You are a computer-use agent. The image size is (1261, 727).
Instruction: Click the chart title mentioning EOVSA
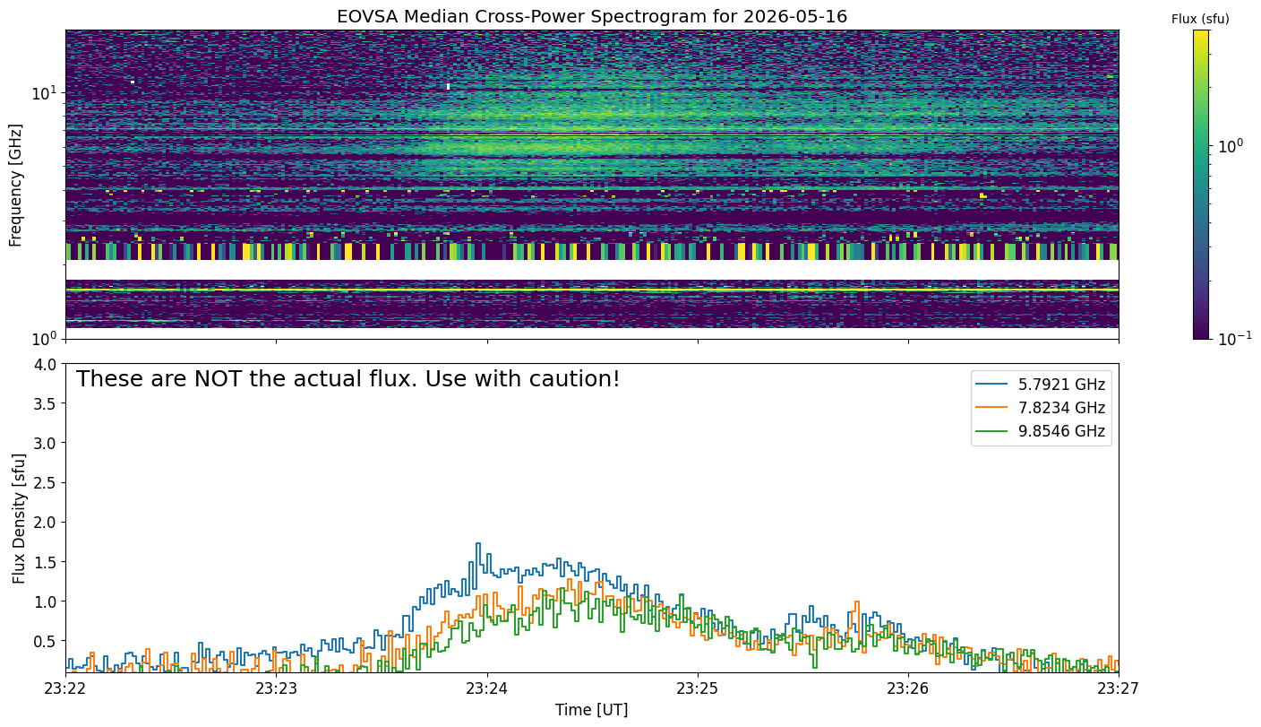592,16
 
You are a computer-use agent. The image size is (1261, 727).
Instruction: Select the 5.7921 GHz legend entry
1041,385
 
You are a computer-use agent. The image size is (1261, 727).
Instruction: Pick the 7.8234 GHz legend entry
1041,408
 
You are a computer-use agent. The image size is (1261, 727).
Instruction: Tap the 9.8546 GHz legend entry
1041,431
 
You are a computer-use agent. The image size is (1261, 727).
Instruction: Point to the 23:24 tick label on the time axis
487,688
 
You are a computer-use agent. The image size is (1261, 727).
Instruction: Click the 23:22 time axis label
66,688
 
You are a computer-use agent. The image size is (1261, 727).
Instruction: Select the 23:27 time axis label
1119,688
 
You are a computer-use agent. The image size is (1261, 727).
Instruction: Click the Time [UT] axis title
592,710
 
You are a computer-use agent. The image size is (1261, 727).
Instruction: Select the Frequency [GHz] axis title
15,186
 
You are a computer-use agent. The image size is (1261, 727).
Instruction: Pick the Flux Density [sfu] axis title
19,518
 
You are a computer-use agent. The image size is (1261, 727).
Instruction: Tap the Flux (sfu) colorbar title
1200,19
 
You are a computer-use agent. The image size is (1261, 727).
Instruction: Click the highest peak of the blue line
478,543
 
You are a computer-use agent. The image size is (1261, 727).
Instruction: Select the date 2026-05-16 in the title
795,16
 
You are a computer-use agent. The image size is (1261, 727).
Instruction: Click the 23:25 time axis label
698,688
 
